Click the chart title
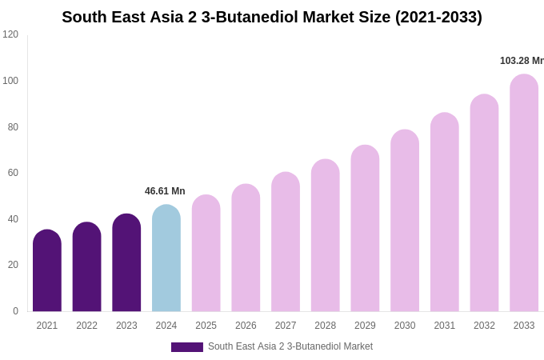[x=272, y=17]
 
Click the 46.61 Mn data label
[x=165, y=191]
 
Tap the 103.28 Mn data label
[x=522, y=61]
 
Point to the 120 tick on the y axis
[x=10, y=34]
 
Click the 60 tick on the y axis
[x=13, y=173]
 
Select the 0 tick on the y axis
[x=15, y=311]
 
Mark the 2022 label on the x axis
[x=86, y=326]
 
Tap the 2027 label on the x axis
[x=286, y=326]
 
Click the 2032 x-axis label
[x=484, y=326]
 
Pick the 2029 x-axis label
[x=365, y=326]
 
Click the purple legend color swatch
[x=187, y=347]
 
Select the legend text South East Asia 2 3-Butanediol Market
[x=290, y=346]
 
